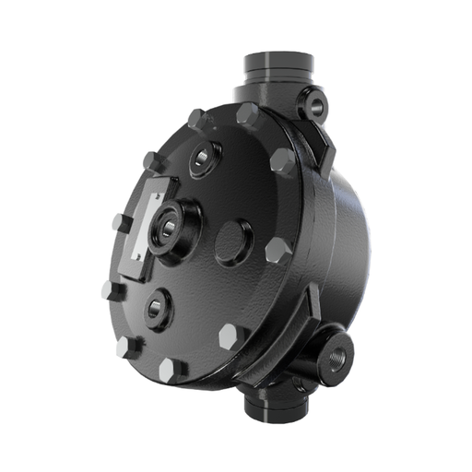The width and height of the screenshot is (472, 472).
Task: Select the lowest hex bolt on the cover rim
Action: coord(171,369)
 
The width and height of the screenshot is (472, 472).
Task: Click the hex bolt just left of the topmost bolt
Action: coord(196,119)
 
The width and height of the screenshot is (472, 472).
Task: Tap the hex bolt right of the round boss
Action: coord(277,250)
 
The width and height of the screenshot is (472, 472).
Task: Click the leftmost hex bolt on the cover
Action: coord(112,292)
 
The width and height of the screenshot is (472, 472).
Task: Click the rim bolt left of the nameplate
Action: coord(120,223)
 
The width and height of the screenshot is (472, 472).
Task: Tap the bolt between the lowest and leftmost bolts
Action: coord(128,347)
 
